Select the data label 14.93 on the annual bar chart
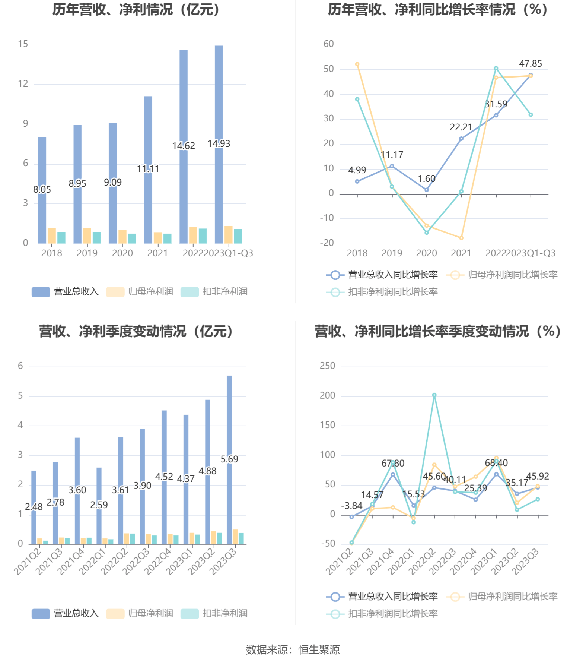click(219, 144)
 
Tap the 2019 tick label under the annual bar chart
click(87, 253)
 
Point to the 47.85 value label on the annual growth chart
click(531, 64)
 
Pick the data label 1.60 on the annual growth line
click(427, 179)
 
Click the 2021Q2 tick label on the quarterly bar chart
click(28, 561)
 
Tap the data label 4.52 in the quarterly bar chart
click(164, 477)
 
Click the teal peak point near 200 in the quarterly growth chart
click(434, 395)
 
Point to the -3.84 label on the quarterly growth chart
click(352, 506)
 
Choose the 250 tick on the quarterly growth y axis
click(328, 366)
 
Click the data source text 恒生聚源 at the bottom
click(319, 650)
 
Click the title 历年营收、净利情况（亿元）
click(136, 10)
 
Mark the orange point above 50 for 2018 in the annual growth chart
click(357, 64)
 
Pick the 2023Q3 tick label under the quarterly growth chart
click(525, 561)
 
